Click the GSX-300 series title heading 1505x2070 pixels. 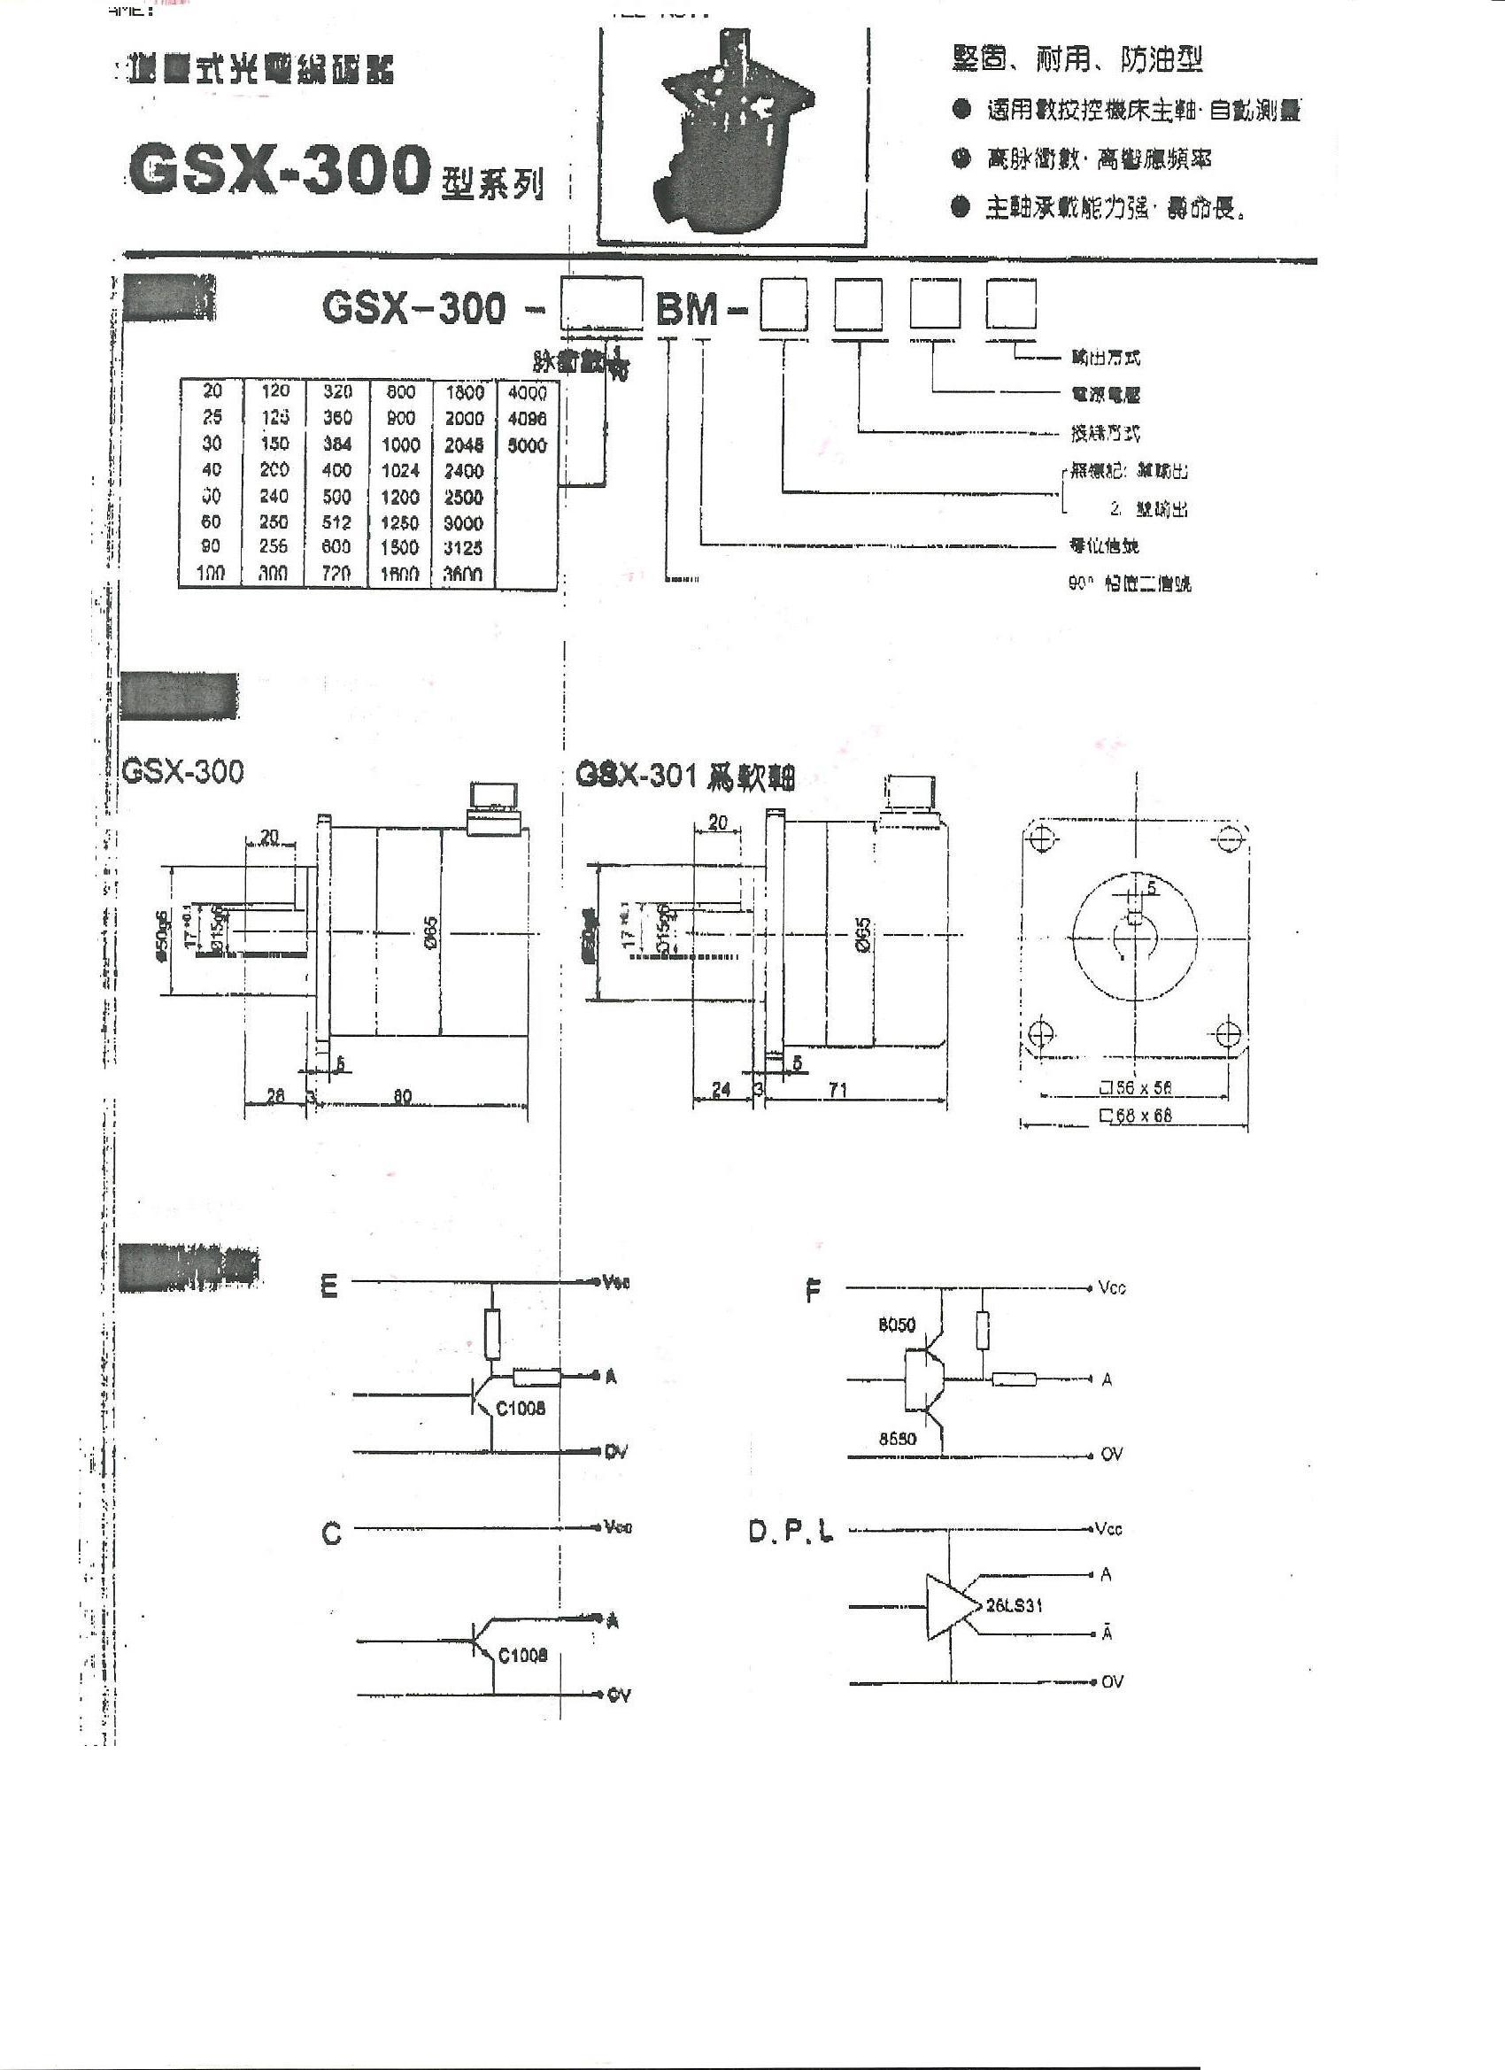click(278, 171)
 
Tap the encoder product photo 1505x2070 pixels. click(731, 137)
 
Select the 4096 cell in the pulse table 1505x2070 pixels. click(527, 419)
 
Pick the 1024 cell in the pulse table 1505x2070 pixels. click(401, 471)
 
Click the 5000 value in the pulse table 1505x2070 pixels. click(527, 445)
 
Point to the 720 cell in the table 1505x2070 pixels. click(336, 574)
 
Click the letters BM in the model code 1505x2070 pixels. click(687, 310)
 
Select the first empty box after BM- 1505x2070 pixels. click(785, 305)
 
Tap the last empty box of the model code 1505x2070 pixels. click(1010, 305)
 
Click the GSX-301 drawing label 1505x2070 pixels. click(684, 776)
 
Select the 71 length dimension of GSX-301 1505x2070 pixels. click(838, 1090)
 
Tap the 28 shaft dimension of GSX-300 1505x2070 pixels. click(275, 1096)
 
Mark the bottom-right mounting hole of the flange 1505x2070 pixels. click(1229, 1034)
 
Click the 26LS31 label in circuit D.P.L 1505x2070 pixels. click(1013, 1631)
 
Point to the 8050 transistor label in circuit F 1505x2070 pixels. click(896, 1325)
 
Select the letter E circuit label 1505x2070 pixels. click(329, 1288)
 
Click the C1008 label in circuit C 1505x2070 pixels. click(522, 1655)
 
